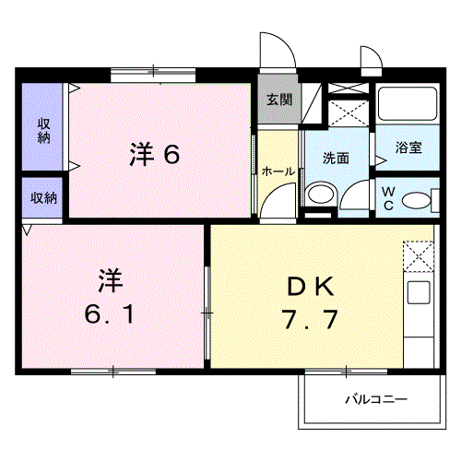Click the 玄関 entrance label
(x=278, y=100)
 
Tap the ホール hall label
(x=278, y=171)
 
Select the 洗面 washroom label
(x=336, y=158)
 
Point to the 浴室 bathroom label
(x=408, y=147)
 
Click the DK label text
(x=309, y=286)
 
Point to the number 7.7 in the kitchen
(x=309, y=322)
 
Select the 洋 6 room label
(x=153, y=154)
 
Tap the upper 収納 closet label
(x=43, y=130)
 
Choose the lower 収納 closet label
(x=43, y=197)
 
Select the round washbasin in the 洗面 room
(x=320, y=195)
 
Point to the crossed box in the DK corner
(x=419, y=254)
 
